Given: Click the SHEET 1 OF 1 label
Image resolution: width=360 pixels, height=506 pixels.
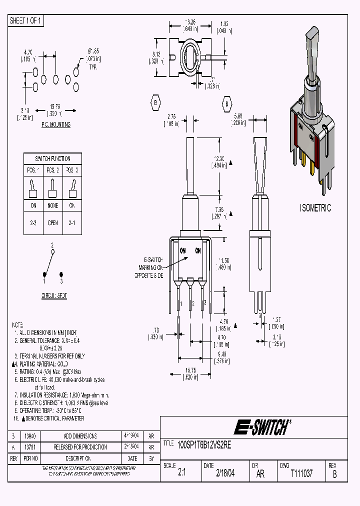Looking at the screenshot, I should [26, 20].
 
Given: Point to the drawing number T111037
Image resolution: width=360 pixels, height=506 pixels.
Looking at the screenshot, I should [301, 473].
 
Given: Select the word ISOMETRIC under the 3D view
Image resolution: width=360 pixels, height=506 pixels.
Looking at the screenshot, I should [315, 208].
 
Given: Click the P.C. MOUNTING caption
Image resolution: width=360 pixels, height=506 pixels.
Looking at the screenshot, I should [55, 124].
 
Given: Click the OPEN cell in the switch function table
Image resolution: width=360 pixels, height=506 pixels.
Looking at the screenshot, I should [53, 223].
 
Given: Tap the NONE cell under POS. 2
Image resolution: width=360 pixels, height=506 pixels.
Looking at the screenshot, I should [53, 205].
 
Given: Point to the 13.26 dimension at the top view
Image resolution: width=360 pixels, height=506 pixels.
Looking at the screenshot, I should [189, 22].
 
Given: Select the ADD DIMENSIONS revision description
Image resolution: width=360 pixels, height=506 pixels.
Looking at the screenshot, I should [80, 436].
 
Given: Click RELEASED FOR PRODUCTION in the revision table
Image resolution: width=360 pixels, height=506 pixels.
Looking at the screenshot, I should [80, 447].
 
